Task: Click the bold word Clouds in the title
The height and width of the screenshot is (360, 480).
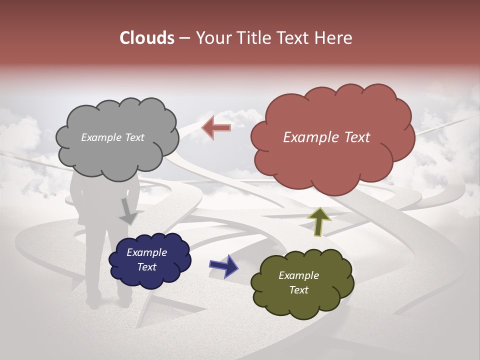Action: pyautogui.click(x=147, y=38)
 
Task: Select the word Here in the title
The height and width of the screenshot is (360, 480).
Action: pyautogui.click(x=333, y=38)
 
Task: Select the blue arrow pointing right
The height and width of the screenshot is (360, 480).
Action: pyautogui.click(x=223, y=266)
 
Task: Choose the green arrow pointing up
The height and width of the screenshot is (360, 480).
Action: pyautogui.click(x=319, y=221)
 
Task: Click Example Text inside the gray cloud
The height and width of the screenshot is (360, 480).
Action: pyautogui.click(x=112, y=137)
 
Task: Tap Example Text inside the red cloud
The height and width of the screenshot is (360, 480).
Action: pyautogui.click(x=326, y=137)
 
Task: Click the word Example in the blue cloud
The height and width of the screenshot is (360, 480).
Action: pyautogui.click(x=146, y=252)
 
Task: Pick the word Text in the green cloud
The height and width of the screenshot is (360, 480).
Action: pyautogui.click(x=298, y=290)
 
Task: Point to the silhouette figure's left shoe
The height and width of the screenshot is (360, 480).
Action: pyautogui.click(x=92, y=302)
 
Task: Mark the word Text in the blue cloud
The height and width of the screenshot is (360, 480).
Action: pyautogui.click(x=146, y=267)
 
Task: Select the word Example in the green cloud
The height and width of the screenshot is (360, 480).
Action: pyautogui.click(x=298, y=275)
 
